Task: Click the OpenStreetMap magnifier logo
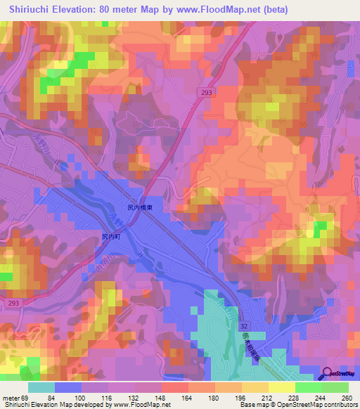click(x=328, y=375)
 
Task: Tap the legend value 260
click(x=347, y=397)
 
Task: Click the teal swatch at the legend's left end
click(x=41, y=387)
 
